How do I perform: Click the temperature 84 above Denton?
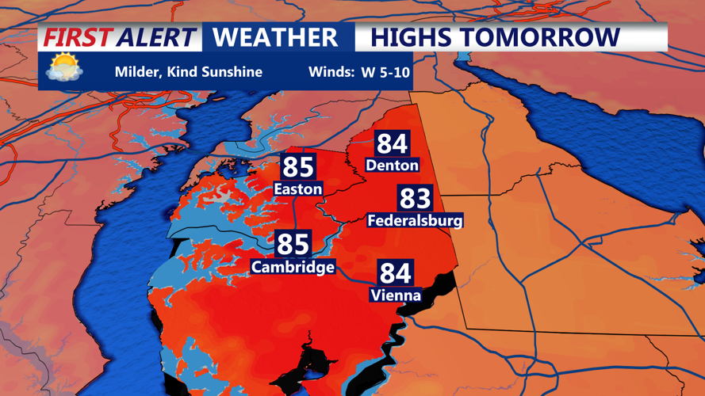pos(392,143)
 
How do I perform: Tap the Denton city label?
pos(392,165)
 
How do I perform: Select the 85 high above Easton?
pos(298,167)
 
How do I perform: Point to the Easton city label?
pos(297,188)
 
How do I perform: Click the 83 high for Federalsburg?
pos(415,198)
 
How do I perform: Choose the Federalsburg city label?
pos(415,220)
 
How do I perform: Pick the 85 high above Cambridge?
pos(293,244)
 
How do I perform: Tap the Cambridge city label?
pos(293,267)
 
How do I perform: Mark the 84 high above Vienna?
pos(395,273)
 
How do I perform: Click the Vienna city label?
pos(395,295)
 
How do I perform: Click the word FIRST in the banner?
pos(76,37)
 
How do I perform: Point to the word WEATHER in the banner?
pos(275,37)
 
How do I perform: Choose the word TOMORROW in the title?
pos(545,37)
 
